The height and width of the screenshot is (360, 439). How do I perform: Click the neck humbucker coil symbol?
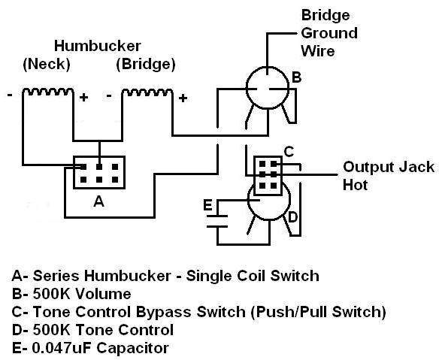point(48,92)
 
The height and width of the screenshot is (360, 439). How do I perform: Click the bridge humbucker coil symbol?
point(147,92)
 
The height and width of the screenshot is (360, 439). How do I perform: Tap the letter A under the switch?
point(98,201)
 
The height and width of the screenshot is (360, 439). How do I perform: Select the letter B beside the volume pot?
point(296,77)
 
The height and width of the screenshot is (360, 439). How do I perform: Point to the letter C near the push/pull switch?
point(289,152)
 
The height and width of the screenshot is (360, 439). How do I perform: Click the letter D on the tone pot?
point(292,216)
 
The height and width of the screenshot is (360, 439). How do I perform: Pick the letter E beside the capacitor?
point(207,205)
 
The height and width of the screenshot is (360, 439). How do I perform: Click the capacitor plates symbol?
point(217,221)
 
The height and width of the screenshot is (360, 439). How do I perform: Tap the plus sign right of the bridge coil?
point(183,98)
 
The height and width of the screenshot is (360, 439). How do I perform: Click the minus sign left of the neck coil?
point(10,95)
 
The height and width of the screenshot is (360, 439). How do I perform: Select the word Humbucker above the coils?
point(97,46)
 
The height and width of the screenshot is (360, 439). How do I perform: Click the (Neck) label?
point(47,64)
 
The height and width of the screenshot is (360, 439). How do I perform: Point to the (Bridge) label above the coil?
point(146,64)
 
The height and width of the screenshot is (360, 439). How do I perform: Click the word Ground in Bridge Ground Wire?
point(329,33)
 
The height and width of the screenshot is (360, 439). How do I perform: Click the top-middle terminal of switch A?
point(99,167)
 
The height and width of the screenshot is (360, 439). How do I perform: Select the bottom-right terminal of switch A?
point(115,180)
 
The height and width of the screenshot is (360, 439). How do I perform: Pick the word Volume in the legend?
point(103,294)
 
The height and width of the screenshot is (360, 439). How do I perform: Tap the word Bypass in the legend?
point(165,312)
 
